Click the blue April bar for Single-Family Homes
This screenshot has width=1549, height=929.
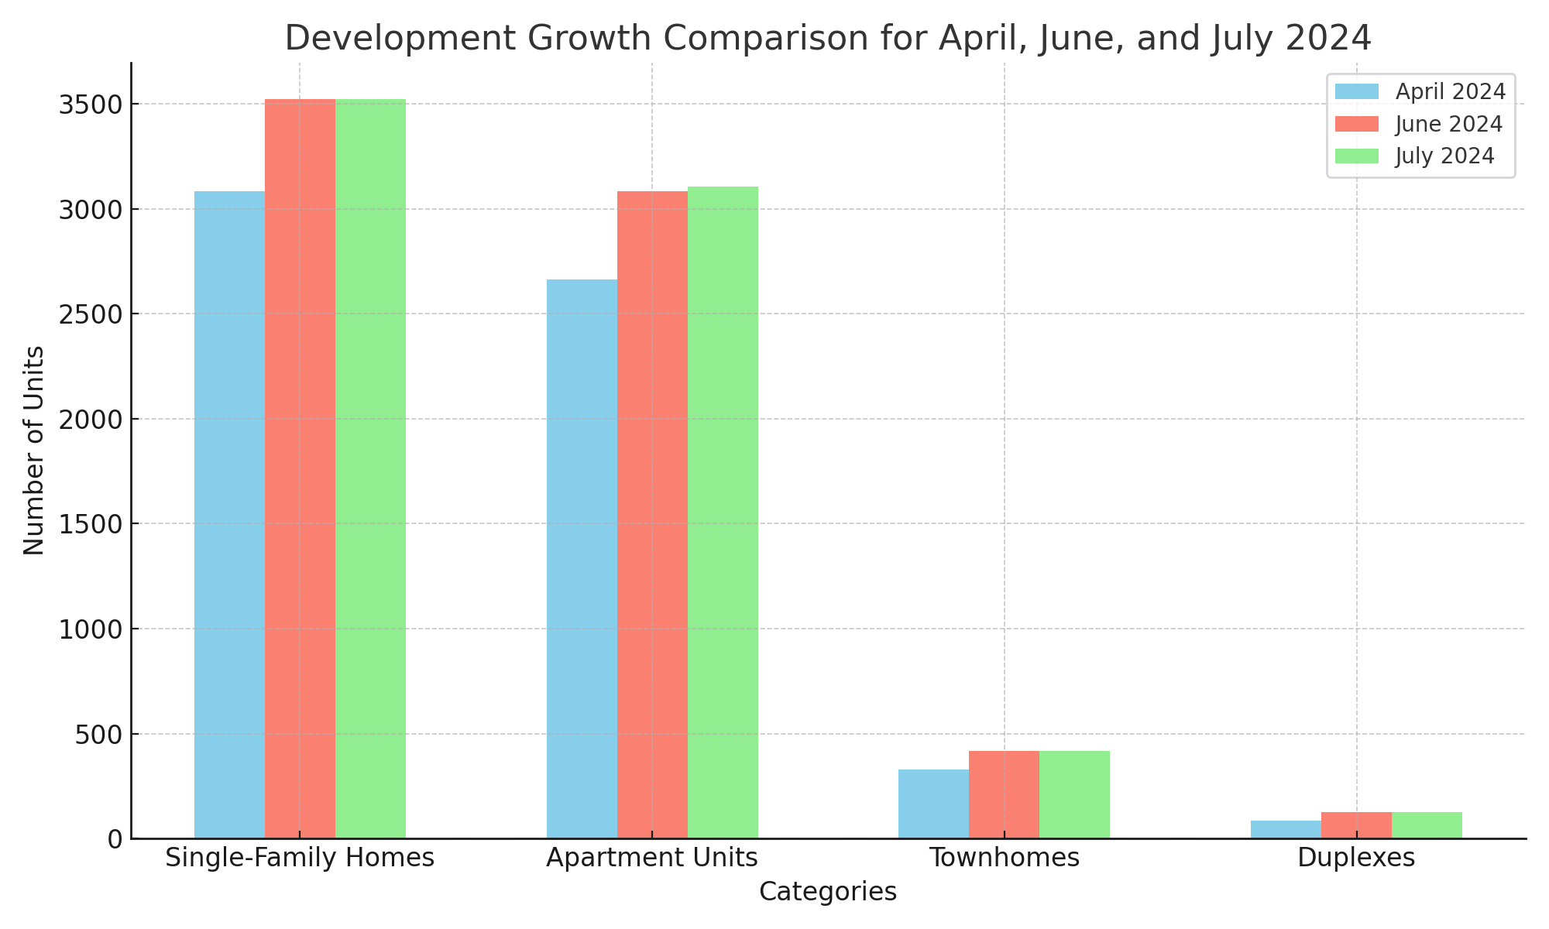point(229,515)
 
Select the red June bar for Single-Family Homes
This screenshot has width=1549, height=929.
point(300,468)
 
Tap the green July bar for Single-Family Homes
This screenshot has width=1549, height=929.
point(370,468)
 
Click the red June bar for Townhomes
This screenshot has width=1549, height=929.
point(1004,794)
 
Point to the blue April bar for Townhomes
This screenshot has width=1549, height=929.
point(933,804)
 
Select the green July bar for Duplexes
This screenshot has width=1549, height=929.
point(1427,825)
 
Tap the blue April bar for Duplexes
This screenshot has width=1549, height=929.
point(1286,830)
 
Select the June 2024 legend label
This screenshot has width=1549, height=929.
point(1448,124)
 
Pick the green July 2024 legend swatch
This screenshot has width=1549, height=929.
point(1357,156)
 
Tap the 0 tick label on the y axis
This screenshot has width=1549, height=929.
point(115,839)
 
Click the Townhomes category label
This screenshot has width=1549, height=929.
point(1004,858)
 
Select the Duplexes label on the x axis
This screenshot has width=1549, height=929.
point(1356,858)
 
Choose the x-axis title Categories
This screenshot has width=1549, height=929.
point(827,892)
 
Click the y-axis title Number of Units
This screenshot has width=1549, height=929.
point(34,451)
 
